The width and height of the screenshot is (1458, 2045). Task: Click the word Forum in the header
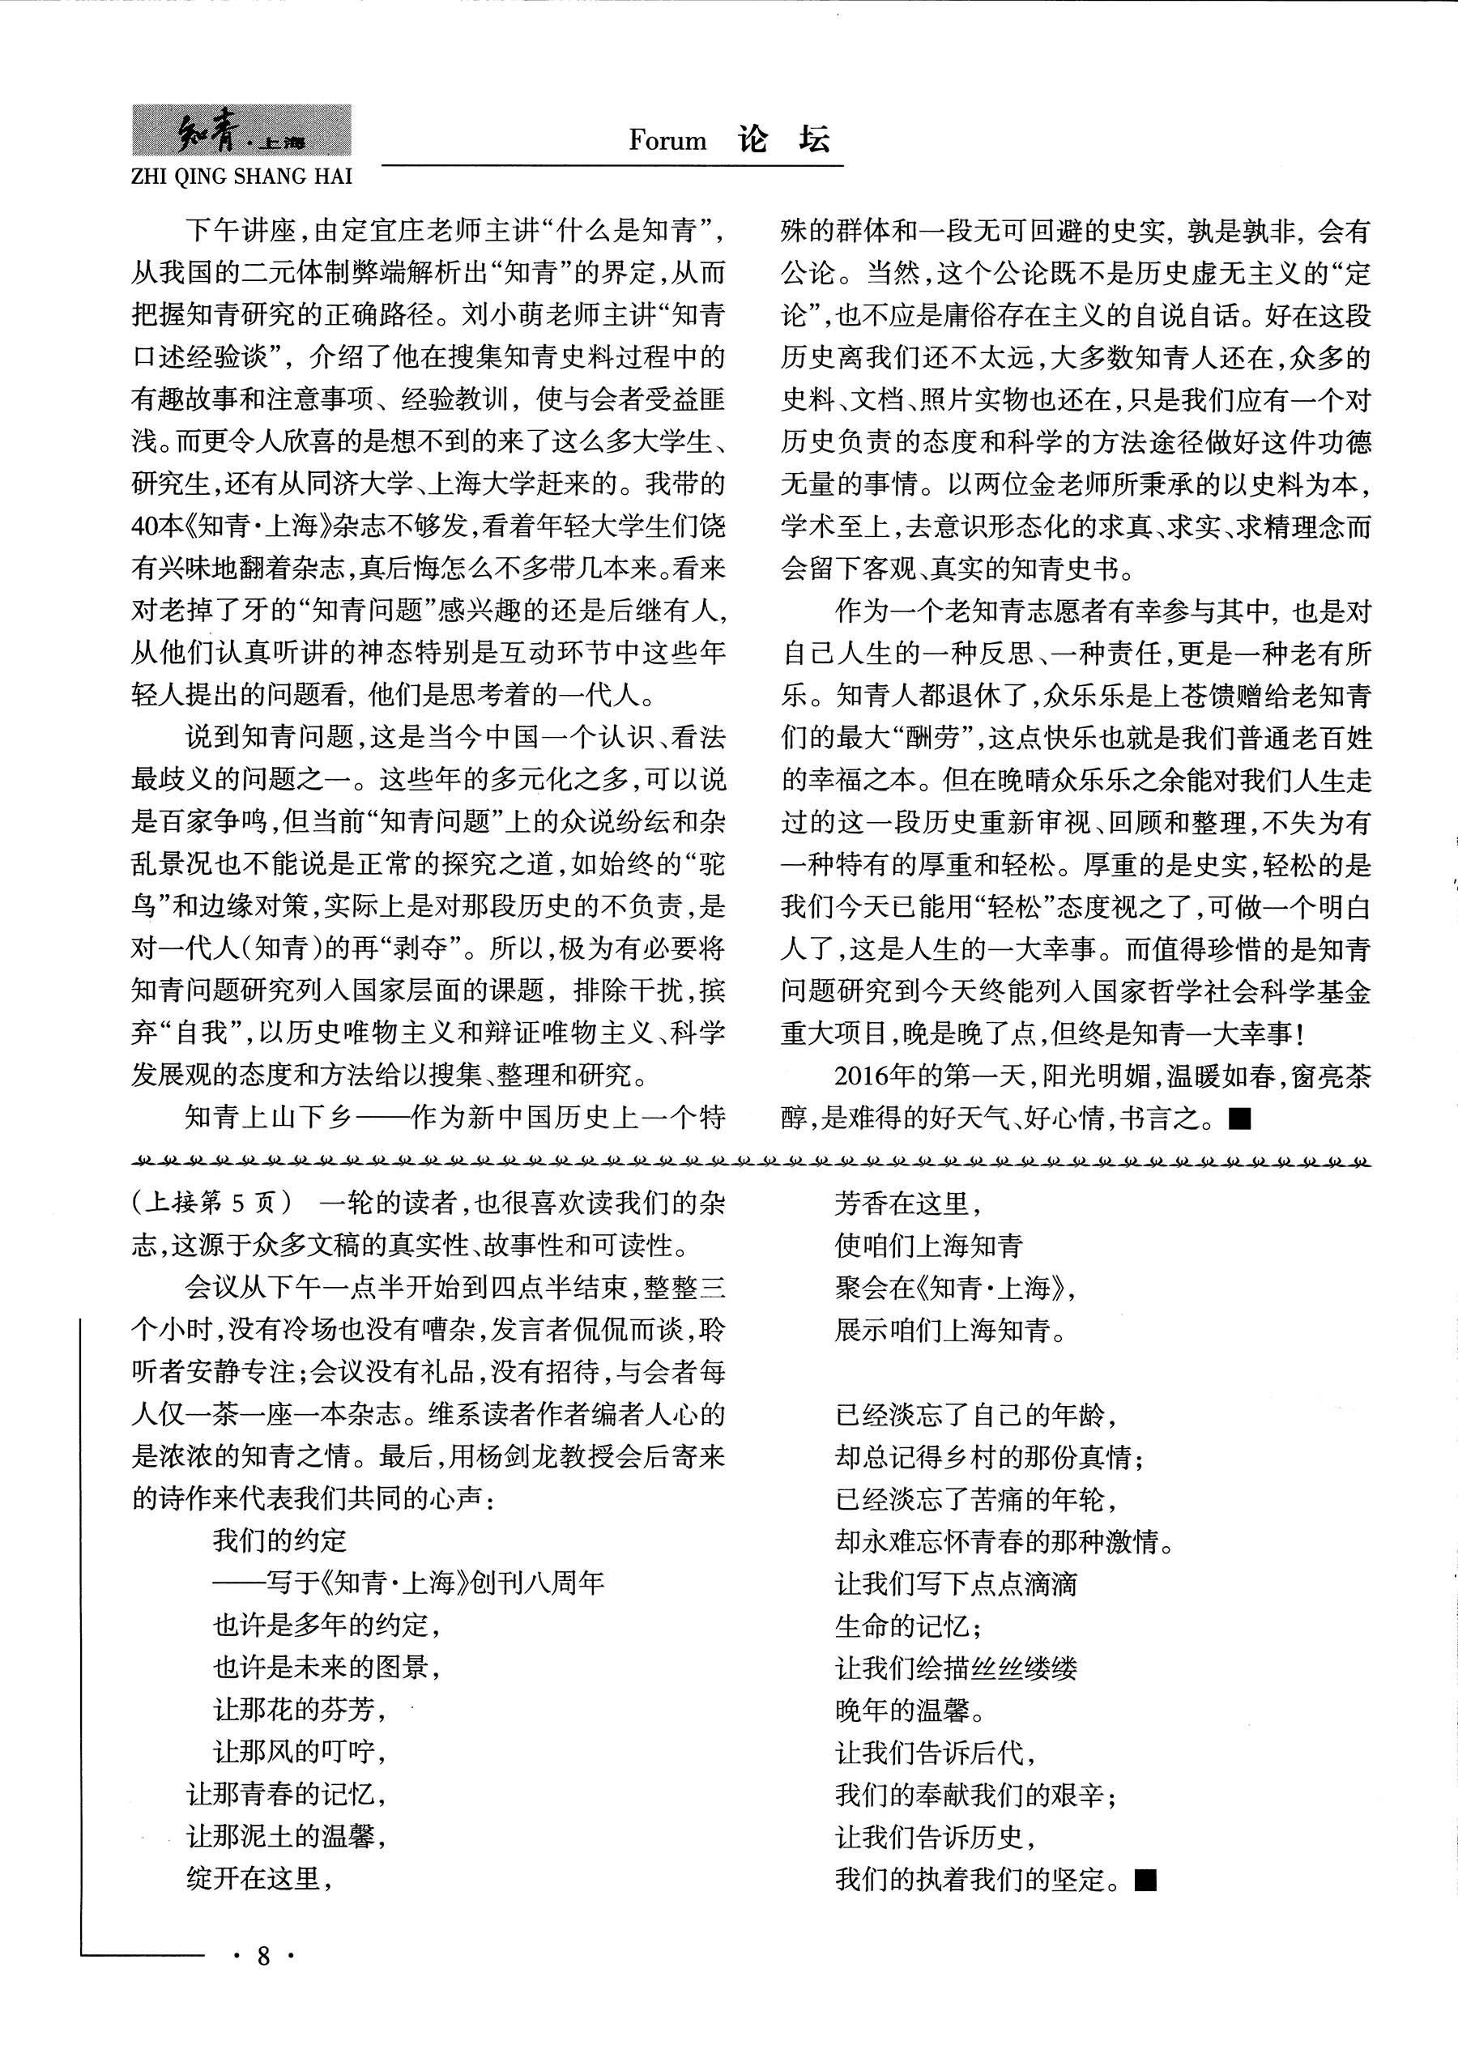pyautogui.click(x=667, y=141)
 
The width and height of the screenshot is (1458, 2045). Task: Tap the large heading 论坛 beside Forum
pyautogui.click(x=784, y=139)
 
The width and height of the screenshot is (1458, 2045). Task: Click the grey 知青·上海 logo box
pyautogui.click(x=241, y=131)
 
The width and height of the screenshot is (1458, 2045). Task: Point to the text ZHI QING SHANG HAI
pyautogui.click(x=241, y=176)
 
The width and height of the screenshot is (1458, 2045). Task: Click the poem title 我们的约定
pyautogui.click(x=279, y=1540)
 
